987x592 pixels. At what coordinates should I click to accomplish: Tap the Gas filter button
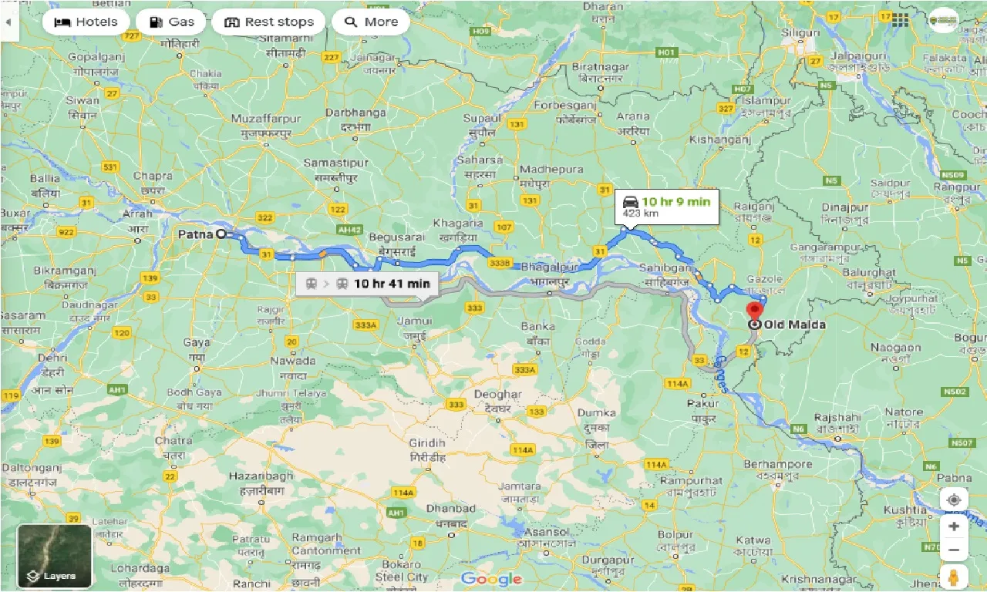click(170, 22)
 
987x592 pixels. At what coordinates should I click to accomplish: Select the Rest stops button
click(269, 22)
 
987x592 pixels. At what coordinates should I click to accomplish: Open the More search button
click(370, 22)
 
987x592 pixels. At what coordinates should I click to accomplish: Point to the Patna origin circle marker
click(221, 233)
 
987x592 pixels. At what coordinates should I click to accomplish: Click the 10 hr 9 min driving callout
click(669, 207)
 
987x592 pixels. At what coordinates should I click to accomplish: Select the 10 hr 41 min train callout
click(367, 283)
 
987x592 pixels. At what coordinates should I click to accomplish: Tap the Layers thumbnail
click(55, 556)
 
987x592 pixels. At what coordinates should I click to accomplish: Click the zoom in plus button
click(954, 526)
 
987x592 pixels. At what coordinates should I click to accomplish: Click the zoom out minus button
click(954, 550)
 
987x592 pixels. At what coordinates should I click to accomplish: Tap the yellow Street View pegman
click(954, 577)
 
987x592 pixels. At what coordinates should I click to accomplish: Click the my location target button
click(954, 499)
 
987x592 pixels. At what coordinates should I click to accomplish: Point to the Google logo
click(493, 579)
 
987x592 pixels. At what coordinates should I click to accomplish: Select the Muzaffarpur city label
click(266, 119)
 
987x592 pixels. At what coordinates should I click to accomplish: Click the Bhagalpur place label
click(549, 267)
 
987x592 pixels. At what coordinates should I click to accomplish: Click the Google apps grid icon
click(900, 21)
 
